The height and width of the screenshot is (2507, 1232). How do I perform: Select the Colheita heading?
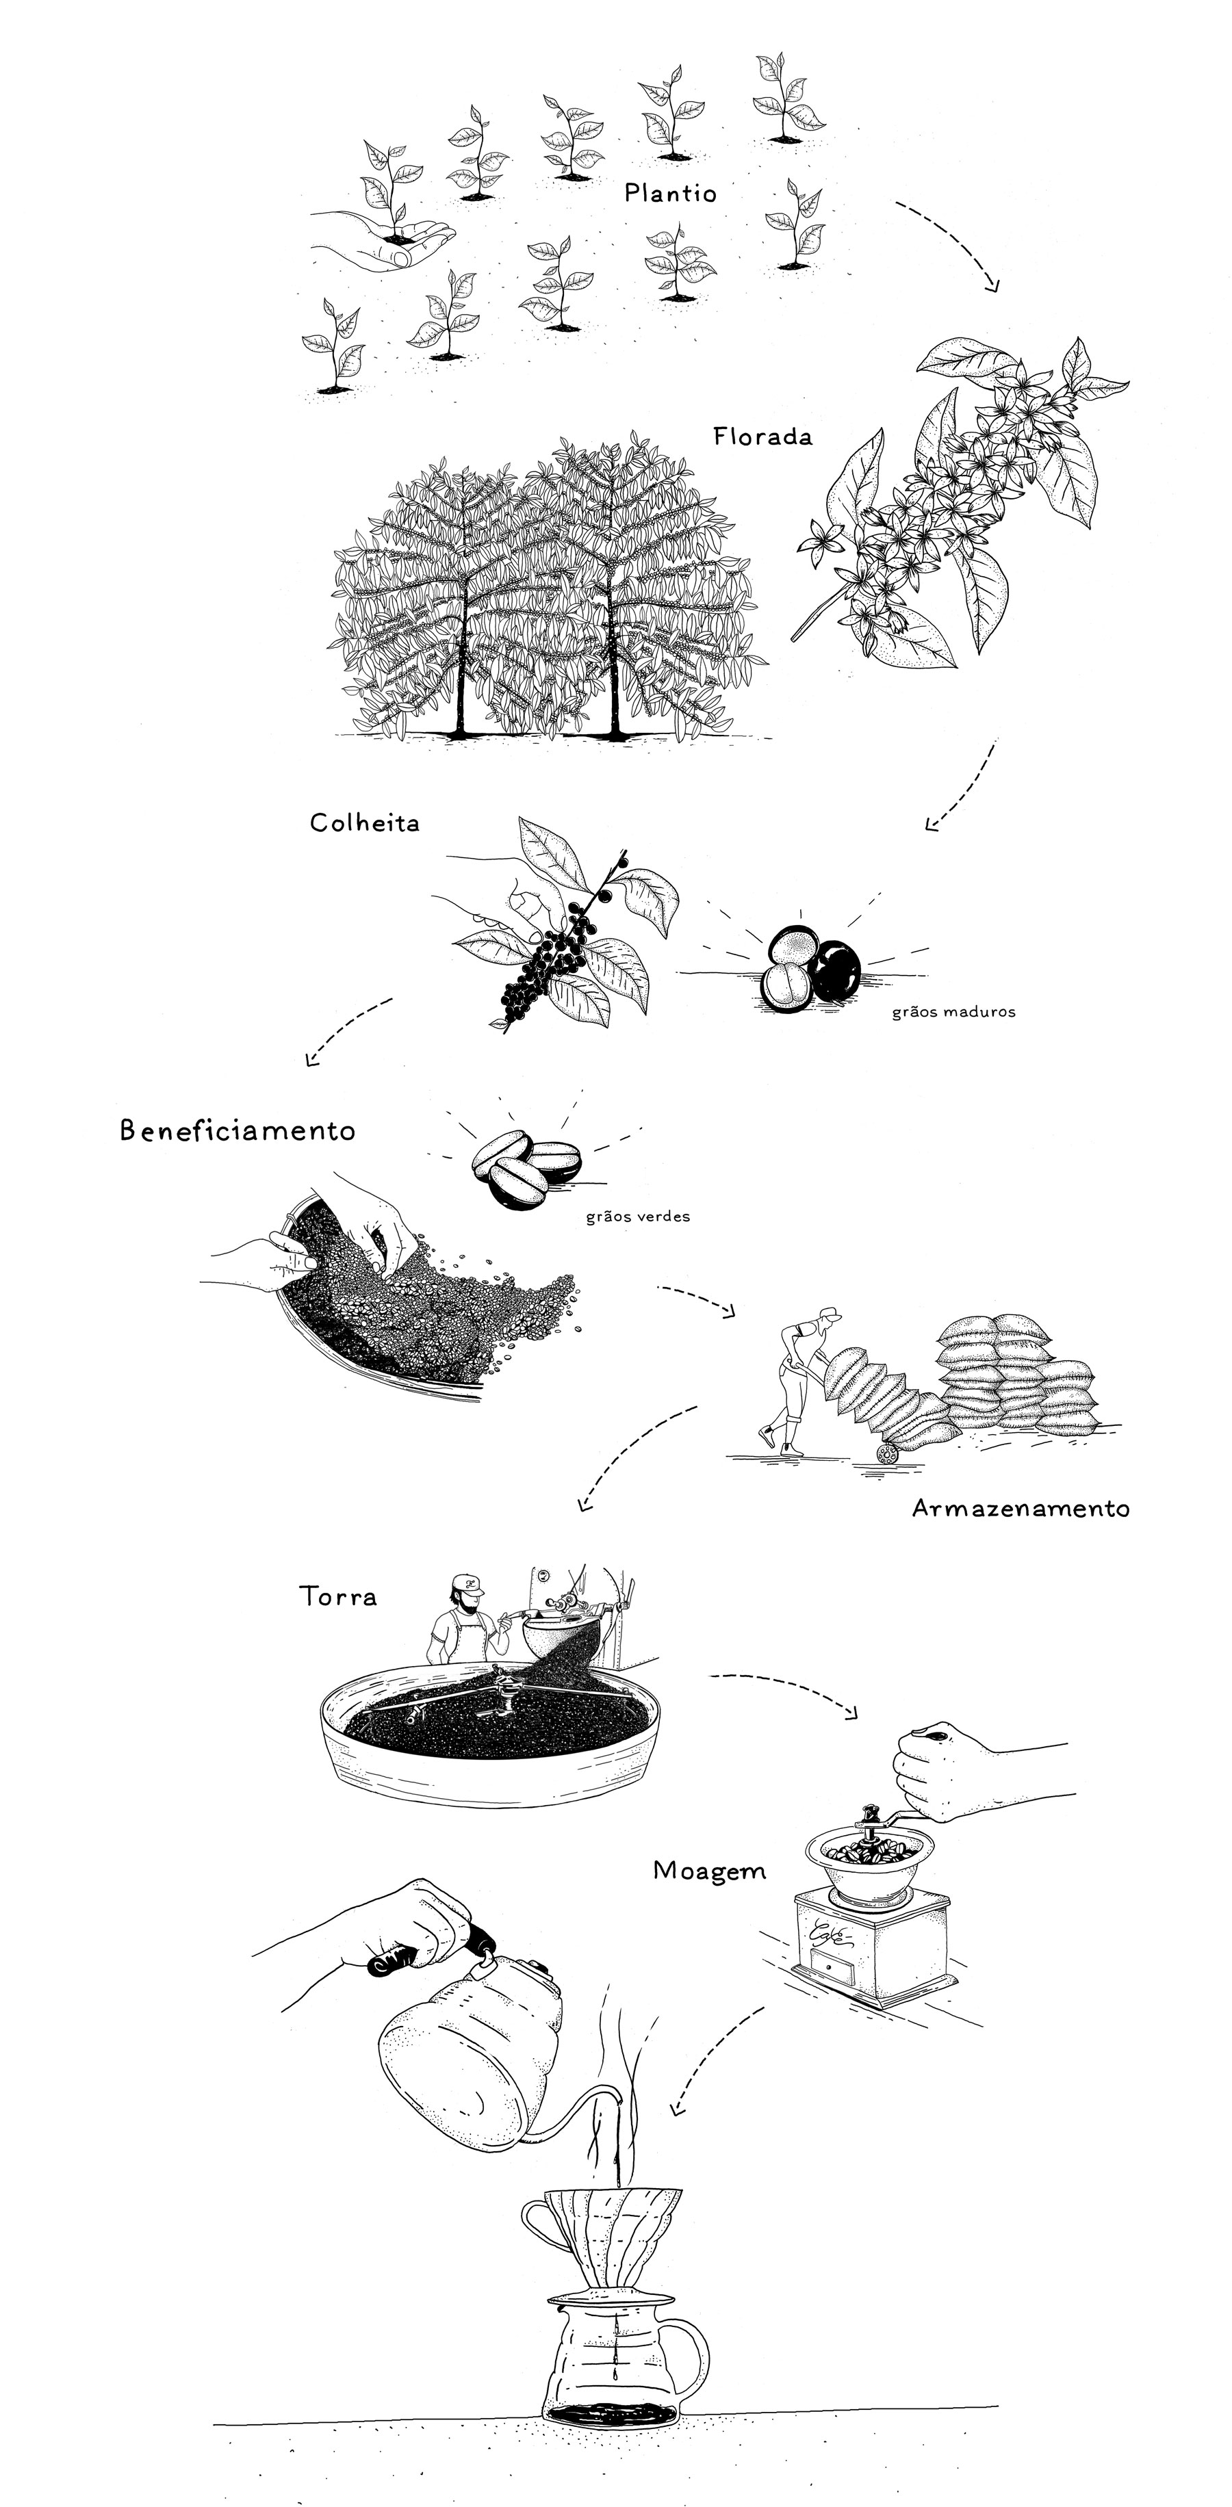(365, 823)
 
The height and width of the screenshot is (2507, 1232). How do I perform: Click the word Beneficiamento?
(238, 1131)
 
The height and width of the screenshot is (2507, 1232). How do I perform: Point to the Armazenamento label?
(1021, 1509)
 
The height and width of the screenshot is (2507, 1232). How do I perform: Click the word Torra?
(337, 1597)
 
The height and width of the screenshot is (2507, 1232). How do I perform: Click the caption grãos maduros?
(953, 1012)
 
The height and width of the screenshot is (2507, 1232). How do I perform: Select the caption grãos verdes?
(637, 1217)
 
